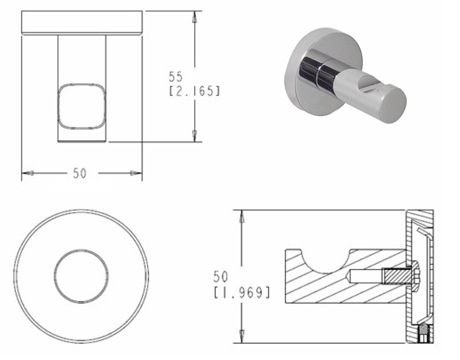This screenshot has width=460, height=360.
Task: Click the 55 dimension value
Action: tap(175, 76)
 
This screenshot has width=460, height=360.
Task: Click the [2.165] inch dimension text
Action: tap(195, 91)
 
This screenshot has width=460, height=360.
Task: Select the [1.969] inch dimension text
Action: tap(241, 292)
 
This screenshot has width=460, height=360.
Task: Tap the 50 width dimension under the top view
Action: tap(80, 173)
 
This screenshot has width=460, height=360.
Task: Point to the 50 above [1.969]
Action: tap(220, 277)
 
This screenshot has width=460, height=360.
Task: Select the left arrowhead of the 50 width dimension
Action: tap(28, 173)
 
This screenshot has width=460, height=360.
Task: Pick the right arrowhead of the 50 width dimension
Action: tap(136, 173)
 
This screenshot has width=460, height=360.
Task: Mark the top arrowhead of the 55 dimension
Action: tap(194, 17)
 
